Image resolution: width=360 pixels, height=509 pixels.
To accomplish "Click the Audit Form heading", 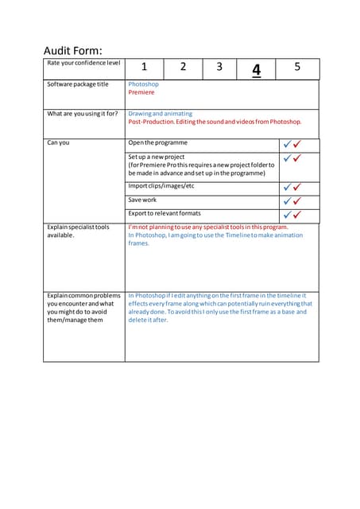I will point(72,50).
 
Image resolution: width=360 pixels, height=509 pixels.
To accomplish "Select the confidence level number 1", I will point(144,68).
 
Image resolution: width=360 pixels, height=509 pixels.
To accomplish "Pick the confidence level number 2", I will point(183,68).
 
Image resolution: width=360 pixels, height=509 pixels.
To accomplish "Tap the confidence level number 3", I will point(219,68).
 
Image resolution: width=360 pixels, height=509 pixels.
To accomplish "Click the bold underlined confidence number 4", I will point(256,70).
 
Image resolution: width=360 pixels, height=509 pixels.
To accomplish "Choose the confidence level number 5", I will point(297,68).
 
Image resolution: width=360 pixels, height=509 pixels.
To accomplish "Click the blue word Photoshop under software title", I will point(143,84).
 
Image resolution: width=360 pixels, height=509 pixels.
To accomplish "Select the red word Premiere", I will point(141,93).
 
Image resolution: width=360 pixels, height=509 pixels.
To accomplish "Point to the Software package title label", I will point(78,84).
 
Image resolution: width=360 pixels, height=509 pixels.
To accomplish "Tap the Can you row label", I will point(58,143).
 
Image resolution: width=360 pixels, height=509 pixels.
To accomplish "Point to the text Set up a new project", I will point(157,157).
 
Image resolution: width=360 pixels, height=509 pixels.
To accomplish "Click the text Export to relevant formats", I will point(165,213).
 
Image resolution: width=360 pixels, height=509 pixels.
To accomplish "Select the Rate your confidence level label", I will point(83,63).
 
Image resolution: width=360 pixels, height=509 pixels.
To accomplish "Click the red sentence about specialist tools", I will point(208,227).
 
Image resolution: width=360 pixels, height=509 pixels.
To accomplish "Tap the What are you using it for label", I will point(83,114).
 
